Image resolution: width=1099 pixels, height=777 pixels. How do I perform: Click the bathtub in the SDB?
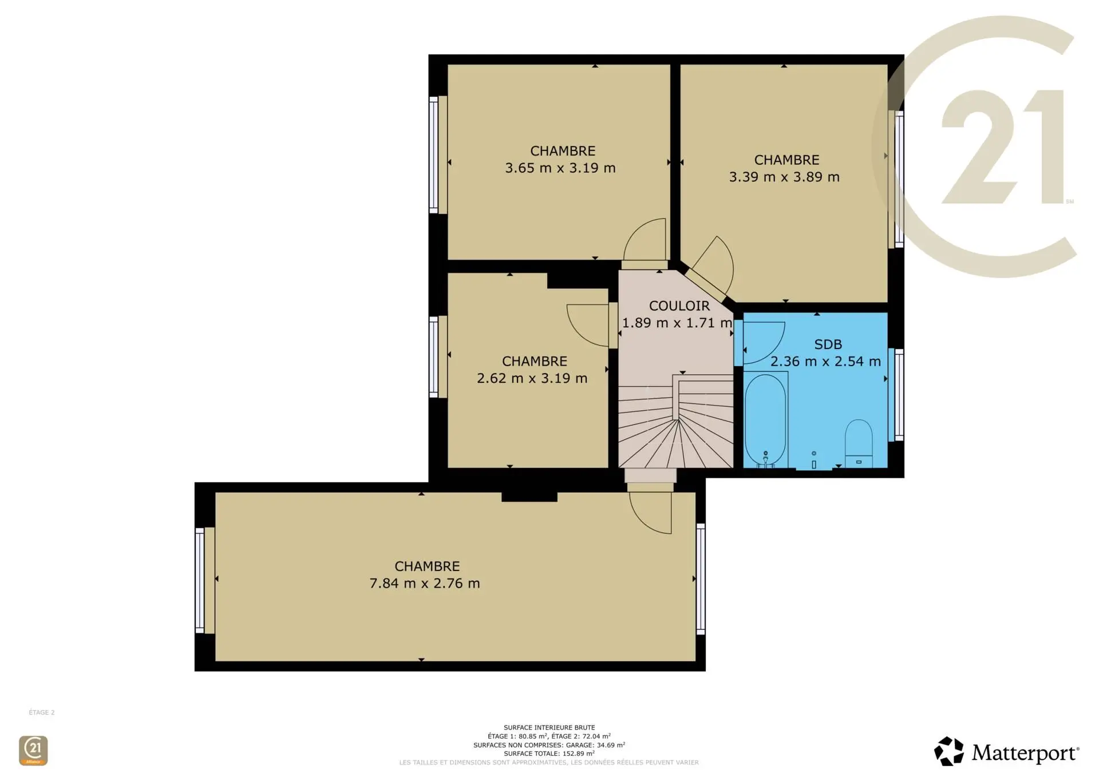pos(765,419)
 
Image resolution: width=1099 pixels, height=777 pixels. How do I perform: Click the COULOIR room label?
pos(679,306)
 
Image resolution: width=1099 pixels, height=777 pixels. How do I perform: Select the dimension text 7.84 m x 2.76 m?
pos(425,584)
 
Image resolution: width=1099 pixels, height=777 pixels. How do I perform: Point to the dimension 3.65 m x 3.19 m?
pos(560,168)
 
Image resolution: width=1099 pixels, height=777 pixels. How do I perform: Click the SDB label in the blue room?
pos(828,344)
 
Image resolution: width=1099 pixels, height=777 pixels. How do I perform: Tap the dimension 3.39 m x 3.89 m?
pos(784,177)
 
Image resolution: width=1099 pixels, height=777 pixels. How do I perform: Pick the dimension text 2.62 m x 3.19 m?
pos(532,379)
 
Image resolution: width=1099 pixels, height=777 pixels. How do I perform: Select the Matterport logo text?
pos(1025,753)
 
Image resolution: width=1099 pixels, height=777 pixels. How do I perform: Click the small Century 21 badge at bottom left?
pos(33,750)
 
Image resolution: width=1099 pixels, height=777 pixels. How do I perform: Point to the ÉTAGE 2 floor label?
pos(42,712)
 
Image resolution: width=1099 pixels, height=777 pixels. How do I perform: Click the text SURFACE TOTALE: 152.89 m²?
pos(549,754)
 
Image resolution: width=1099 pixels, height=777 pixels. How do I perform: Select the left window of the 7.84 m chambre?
pos(200,580)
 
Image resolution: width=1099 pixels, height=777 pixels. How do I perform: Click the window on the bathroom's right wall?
pos(899,395)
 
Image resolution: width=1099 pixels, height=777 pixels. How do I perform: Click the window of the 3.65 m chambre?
pos(434,154)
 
